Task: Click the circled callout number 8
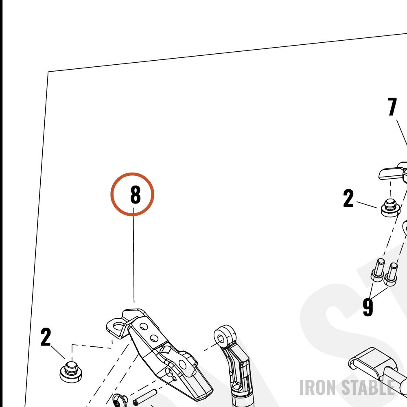(x=135, y=194)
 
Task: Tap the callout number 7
(x=392, y=106)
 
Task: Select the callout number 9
(x=368, y=307)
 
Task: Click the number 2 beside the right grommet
(x=348, y=198)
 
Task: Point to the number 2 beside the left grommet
(x=46, y=337)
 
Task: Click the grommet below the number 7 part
(x=390, y=208)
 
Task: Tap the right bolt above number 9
(x=391, y=274)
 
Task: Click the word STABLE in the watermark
(x=368, y=387)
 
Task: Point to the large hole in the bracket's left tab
(x=118, y=326)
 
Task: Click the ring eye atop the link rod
(x=225, y=336)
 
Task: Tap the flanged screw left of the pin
(x=120, y=400)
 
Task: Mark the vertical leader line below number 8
(x=133, y=255)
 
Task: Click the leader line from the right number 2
(x=367, y=205)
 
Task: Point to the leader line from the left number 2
(x=58, y=352)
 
